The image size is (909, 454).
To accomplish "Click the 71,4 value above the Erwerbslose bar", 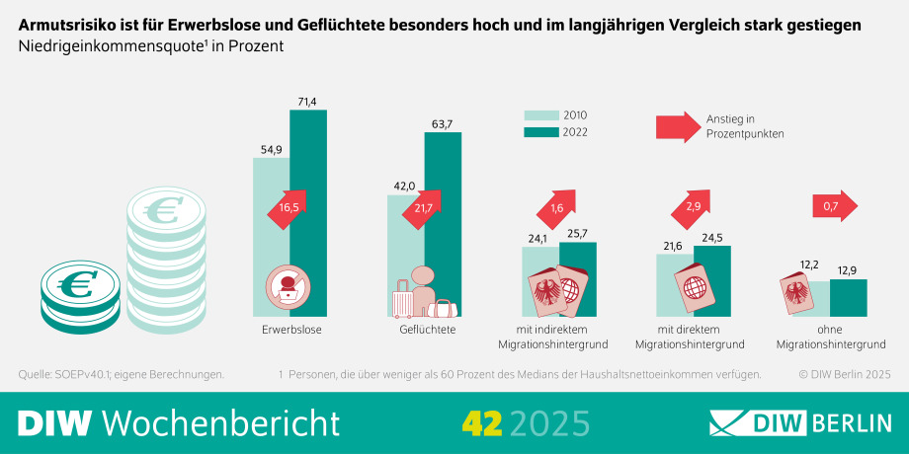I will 307,102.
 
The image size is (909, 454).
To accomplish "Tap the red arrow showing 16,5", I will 288,208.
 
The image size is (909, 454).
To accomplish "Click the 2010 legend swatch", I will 539,114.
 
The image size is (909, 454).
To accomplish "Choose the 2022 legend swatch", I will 539,133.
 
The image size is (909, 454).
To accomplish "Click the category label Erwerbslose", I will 292,330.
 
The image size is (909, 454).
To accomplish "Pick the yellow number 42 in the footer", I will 482,423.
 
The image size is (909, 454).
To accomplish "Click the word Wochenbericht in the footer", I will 221,422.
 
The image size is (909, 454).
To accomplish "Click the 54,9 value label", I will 271,150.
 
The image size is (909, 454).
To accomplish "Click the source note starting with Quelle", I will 122,374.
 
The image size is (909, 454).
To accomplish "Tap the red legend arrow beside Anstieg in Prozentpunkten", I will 677,126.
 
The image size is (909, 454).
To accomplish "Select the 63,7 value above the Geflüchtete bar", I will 443,124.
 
